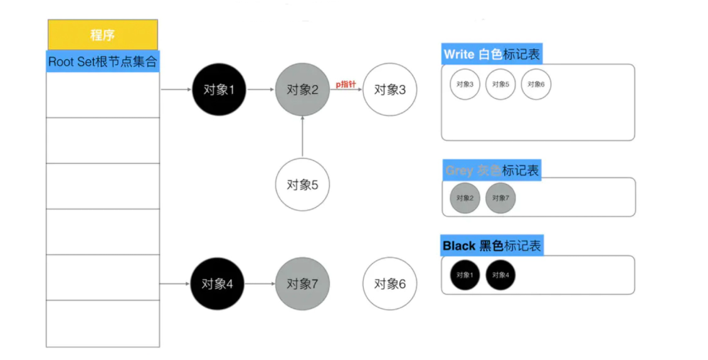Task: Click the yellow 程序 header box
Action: coord(103,35)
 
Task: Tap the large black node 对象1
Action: coord(218,90)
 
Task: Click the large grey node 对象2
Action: coord(302,90)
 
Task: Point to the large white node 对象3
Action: coord(390,90)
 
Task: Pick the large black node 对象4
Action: coord(217,283)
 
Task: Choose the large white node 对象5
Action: coord(302,185)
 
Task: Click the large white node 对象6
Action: coord(390,283)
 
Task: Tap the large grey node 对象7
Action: coord(302,283)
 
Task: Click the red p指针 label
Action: coord(346,83)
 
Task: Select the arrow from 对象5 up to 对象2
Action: coord(302,137)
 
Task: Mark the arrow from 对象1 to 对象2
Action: coord(260,90)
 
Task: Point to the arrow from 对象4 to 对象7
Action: coord(259,283)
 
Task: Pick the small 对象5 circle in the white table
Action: coord(500,85)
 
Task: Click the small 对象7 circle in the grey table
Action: coord(500,198)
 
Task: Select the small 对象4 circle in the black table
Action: coord(500,275)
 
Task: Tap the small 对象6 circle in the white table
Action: coord(536,85)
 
